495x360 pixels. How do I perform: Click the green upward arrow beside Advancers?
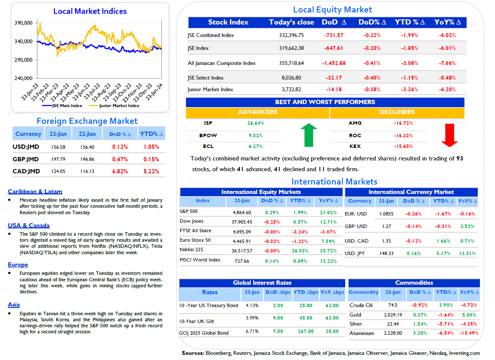click(x=309, y=135)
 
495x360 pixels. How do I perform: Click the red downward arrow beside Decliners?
click(x=449, y=135)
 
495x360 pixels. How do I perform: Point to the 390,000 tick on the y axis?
click(x=23, y=23)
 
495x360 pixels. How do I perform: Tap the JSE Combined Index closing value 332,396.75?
click(x=291, y=35)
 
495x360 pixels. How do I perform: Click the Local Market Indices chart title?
click(x=90, y=11)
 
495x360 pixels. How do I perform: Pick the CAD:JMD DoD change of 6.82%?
click(x=120, y=171)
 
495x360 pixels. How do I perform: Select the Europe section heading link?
click(x=18, y=265)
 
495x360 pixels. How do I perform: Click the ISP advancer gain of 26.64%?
click(x=256, y=123)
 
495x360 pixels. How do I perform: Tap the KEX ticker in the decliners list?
click(x=355, y=146)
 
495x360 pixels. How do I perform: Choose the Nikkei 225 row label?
click(x=191, y=249)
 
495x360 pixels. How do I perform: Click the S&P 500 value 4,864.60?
click(x=242, y=212)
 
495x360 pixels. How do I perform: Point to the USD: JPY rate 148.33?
click(x=387, y=253)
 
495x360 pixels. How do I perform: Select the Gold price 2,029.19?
click(x=393, y=315)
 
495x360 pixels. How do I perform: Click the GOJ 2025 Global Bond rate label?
click(x=204, y=333)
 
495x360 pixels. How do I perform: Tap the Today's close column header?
click(x=291, y=22)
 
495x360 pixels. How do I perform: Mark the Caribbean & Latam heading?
click(x=35, y=191)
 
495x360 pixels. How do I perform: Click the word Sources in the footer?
click(x=193, y=353)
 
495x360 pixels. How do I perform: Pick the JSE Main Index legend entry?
click(x=62, y=106)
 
